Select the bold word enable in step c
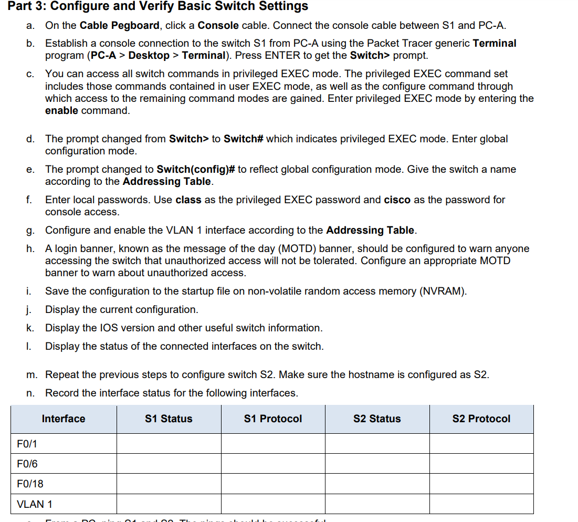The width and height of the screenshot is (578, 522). [61, 110]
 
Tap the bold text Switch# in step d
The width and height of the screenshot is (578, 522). [243, 139]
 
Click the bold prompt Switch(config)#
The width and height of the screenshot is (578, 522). [195, 169]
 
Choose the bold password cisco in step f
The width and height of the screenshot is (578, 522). [397, 200]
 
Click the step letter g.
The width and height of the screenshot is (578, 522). [30, 231]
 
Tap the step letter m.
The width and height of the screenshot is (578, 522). [32, 374]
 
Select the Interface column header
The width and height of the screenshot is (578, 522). [64, 419]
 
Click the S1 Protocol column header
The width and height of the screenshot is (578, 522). [273, 419]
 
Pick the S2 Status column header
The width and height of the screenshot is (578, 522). [377, 419]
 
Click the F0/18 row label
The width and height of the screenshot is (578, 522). [30, 484]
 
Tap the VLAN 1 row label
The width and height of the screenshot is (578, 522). [35, 504]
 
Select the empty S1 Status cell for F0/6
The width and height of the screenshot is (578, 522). [169, 464]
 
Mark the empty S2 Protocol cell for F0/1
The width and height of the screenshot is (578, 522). [481, 444]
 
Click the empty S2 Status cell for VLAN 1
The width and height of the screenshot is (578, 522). [377, 504]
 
